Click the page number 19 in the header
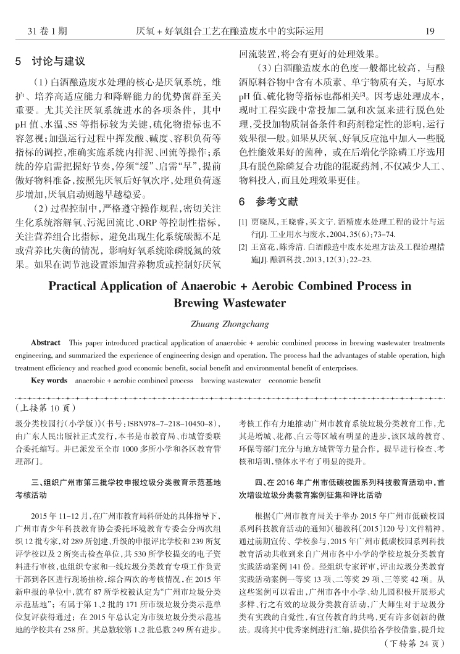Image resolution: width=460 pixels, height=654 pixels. (x=430, y=30)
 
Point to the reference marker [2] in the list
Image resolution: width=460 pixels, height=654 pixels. (x=243, y=247)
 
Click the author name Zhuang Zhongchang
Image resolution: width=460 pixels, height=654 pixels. (x=230, y=323)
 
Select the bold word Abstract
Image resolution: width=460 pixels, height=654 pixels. (x=46, y=342)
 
